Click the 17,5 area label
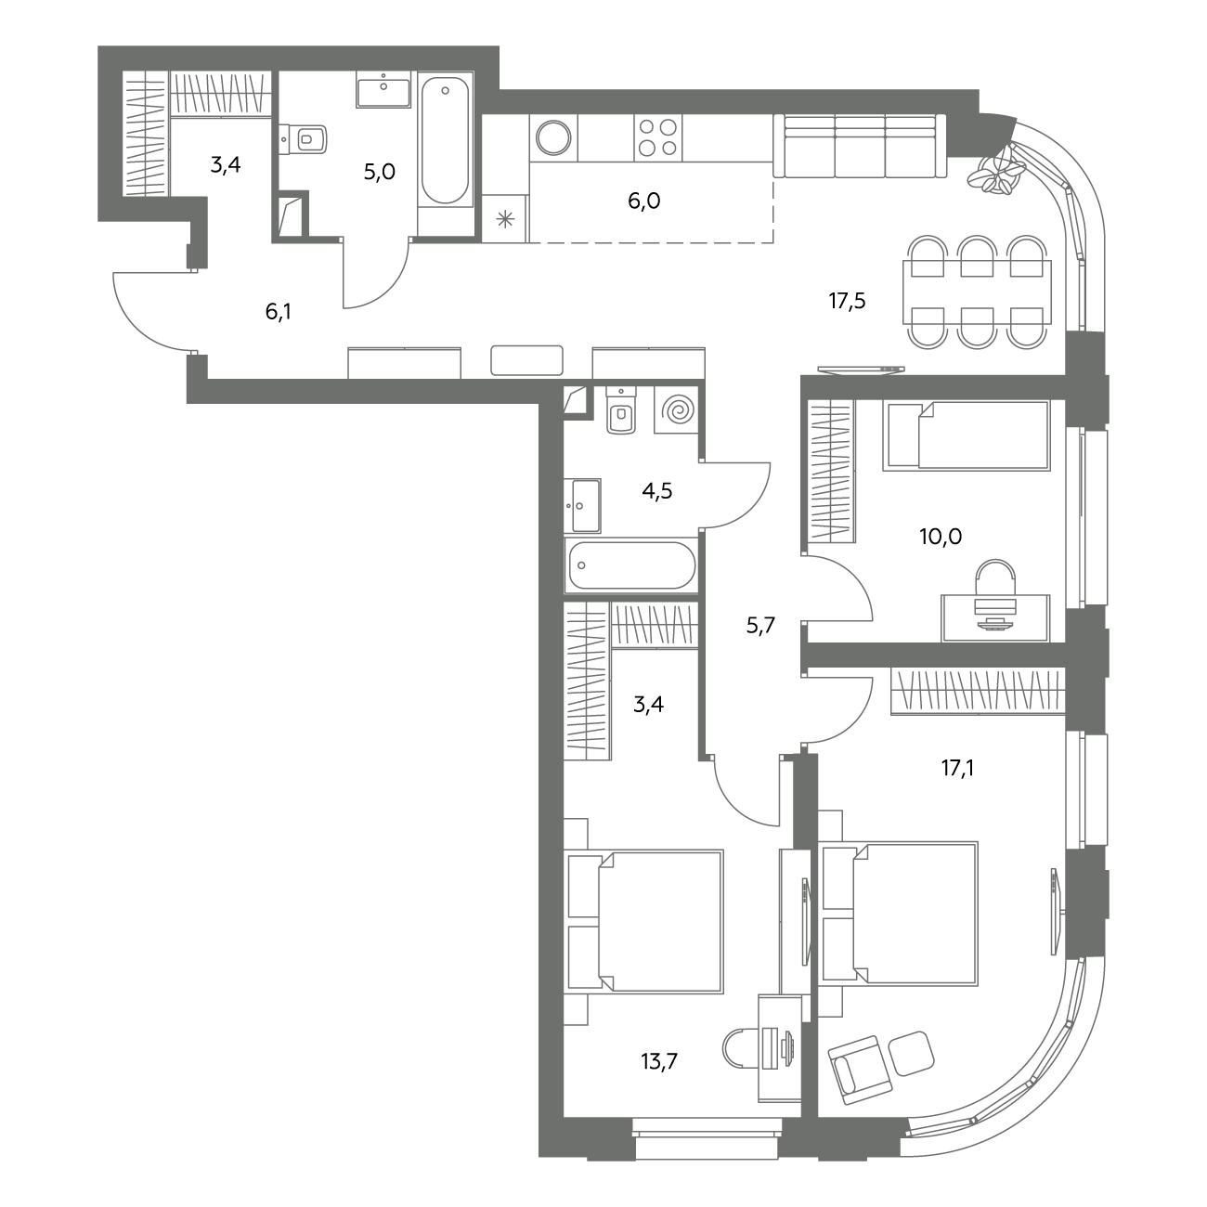[847, 301]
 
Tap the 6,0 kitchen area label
[644, 201]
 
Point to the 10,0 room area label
[941, 536]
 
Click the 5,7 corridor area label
[760, 625]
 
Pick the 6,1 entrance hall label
[279, 311]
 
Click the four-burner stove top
[657, 137]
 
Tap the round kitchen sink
[553, 137]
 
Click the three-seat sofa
[860, 146]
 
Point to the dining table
[977, 292]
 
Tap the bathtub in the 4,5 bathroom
[630, 565]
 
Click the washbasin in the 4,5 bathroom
[582, 505]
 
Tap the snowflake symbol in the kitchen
[505, 219]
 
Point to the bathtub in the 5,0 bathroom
[445, 141]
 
